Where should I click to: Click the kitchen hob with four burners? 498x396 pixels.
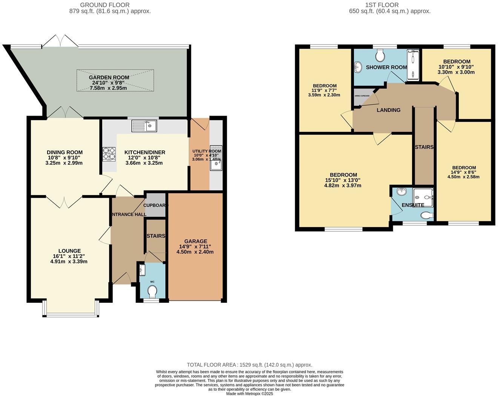pos(109,154)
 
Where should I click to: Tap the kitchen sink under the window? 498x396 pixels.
pos(144,125)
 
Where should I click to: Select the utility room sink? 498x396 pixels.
pos(216,158)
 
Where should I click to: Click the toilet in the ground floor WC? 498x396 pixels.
pos(152,292)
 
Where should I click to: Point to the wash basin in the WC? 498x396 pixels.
pos(142,270)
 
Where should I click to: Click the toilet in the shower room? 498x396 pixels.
pos(380,56)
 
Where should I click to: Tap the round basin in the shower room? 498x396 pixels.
pos(358,67)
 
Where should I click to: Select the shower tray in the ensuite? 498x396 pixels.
pos(423,196)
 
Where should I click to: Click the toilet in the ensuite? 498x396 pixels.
pos(427,215)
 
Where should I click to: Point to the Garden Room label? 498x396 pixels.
pos(109,77)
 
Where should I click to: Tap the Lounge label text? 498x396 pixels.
pos(69,251)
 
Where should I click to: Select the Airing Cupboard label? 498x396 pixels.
pos(362,96)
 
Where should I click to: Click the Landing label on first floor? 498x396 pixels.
pos(389,110)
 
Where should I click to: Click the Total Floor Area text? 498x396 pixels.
pos(249,365)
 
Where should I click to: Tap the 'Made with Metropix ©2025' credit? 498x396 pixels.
pos(249,393)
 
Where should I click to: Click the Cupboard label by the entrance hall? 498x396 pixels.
pos(155,205)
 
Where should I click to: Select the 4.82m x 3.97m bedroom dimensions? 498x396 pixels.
pos(343,186)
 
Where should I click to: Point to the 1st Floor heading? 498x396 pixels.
pos(382,5)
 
